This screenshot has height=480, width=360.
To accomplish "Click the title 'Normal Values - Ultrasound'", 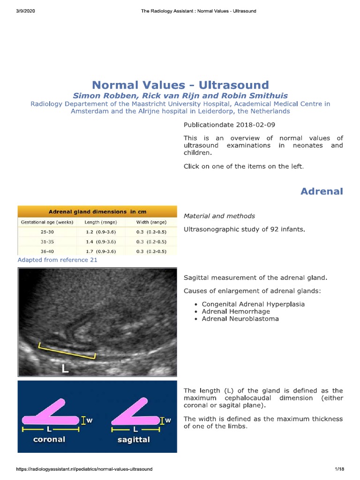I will [180, 85].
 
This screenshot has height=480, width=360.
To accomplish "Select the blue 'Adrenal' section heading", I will [322, 191].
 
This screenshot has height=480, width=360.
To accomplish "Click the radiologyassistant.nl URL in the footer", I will [84, 469].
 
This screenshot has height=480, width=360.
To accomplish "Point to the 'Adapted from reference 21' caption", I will [57, 260].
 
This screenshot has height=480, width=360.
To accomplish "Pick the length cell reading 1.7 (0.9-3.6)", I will [101, 251].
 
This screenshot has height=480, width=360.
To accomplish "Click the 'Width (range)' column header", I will [151, 222].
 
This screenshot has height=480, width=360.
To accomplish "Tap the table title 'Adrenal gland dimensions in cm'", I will [97, 211].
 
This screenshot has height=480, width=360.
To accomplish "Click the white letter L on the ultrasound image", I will [65, 368].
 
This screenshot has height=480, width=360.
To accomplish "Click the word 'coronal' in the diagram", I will [49, 439].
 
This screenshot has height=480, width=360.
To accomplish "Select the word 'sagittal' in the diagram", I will [134, 440].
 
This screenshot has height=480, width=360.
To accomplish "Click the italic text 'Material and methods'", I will [219, 216].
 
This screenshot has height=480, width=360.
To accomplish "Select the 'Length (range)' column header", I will [101, 222].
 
